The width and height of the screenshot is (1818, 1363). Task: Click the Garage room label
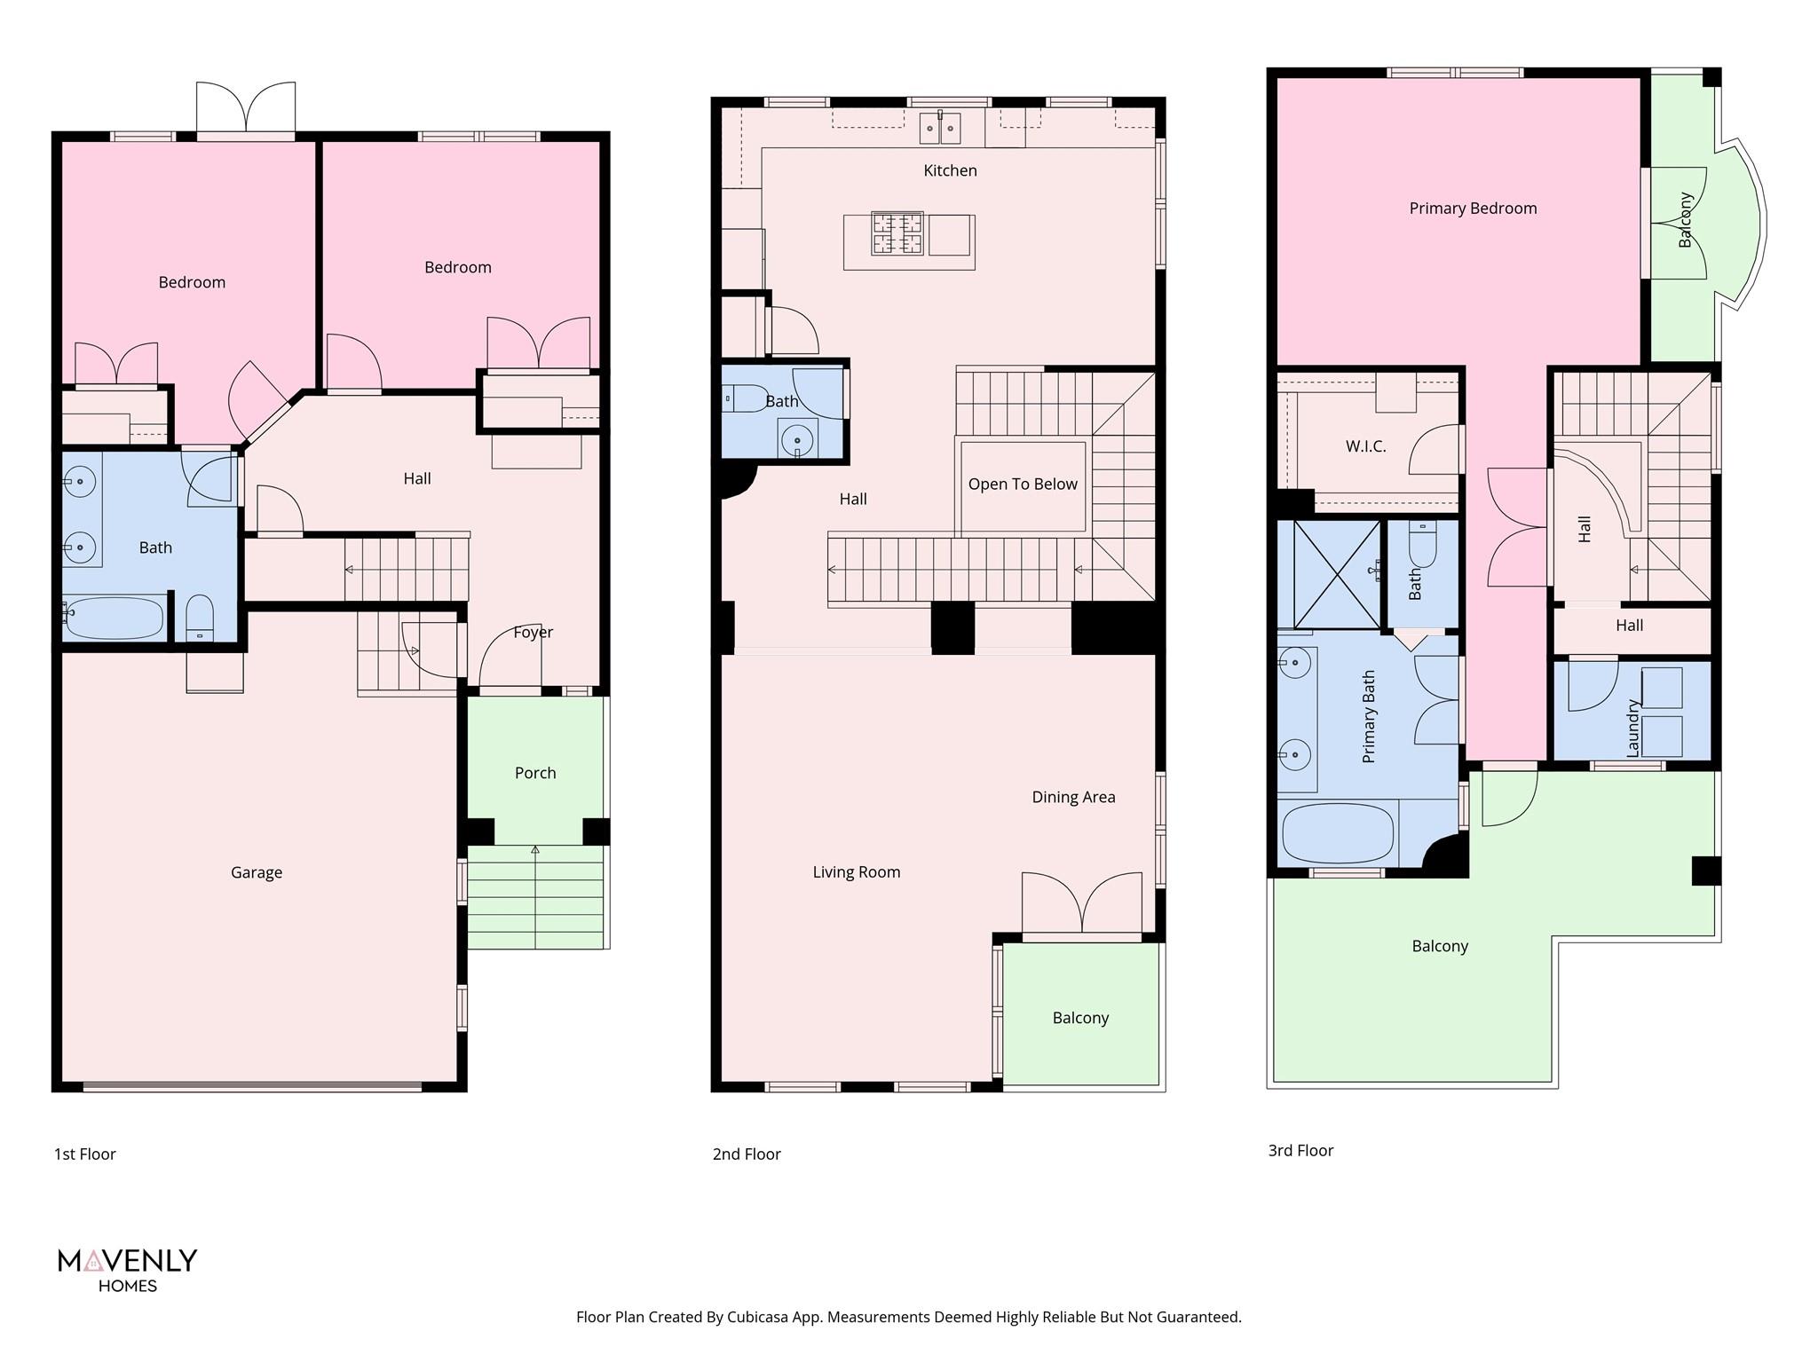[x=257, y=872]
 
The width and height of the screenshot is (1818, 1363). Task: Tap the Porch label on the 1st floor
[x=535, y=773]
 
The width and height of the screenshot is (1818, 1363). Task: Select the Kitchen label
[x=950, y=170]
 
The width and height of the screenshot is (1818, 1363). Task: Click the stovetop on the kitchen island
[x=897, y=233]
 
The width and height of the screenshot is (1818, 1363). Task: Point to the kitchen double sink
[x=939, y=130]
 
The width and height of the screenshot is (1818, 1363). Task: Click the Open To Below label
[x=1023, y=485]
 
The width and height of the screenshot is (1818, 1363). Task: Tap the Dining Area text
[x=1073, y=797]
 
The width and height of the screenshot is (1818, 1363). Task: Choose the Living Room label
[x=857, y=872]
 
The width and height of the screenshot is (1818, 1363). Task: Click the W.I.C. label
[x=1365, y=446]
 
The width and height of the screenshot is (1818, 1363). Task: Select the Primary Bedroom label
[x=1473, y=209]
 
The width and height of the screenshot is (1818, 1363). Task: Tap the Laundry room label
[x=1632, y=728]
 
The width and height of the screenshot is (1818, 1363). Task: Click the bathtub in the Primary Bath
[x=1338, y=833]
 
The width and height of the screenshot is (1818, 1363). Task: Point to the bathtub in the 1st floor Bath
[x=115, y=618]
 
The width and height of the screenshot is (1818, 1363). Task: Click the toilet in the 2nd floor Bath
[x=746, y=398]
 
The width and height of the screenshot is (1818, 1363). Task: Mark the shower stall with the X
[x=1329, y=574]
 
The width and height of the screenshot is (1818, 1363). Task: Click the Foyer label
[x=533, y=633]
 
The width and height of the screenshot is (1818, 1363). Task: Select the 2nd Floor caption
[x=747, y=1154]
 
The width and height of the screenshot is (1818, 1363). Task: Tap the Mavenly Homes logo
[x=127, y=1269]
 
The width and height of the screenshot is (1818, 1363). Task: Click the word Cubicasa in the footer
[x=761, y=1317]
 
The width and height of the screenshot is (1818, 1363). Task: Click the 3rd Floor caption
[x=1300, y=1150]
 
